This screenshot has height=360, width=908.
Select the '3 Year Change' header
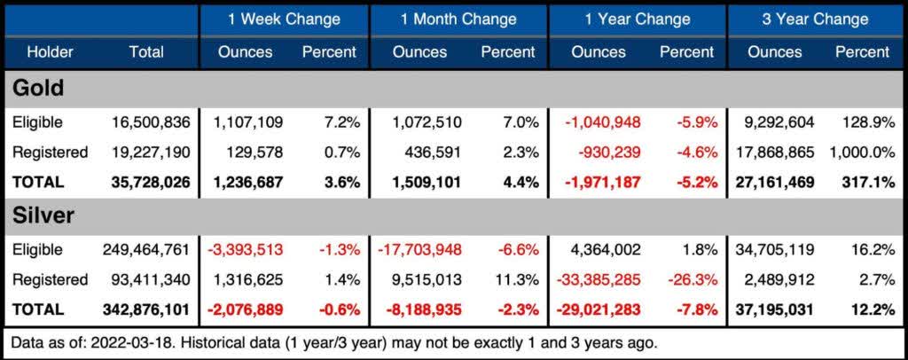[x=815, y=19]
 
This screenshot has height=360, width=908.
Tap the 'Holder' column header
[x=50, y=52]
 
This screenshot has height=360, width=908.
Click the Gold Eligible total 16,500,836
[x=151, y=122]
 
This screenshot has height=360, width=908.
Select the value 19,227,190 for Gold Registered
[x=151, y=153]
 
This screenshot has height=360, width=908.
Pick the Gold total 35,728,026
[x=151, y=182]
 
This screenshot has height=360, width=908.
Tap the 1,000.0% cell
[x=861, y=153]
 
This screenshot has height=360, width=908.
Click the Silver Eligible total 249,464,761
[x=146, y=249]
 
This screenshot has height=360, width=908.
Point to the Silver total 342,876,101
[x=146, y=309]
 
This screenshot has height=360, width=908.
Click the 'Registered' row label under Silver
[x=50, y=279]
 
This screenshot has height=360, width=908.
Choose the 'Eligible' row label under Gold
[x=38, y=122]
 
